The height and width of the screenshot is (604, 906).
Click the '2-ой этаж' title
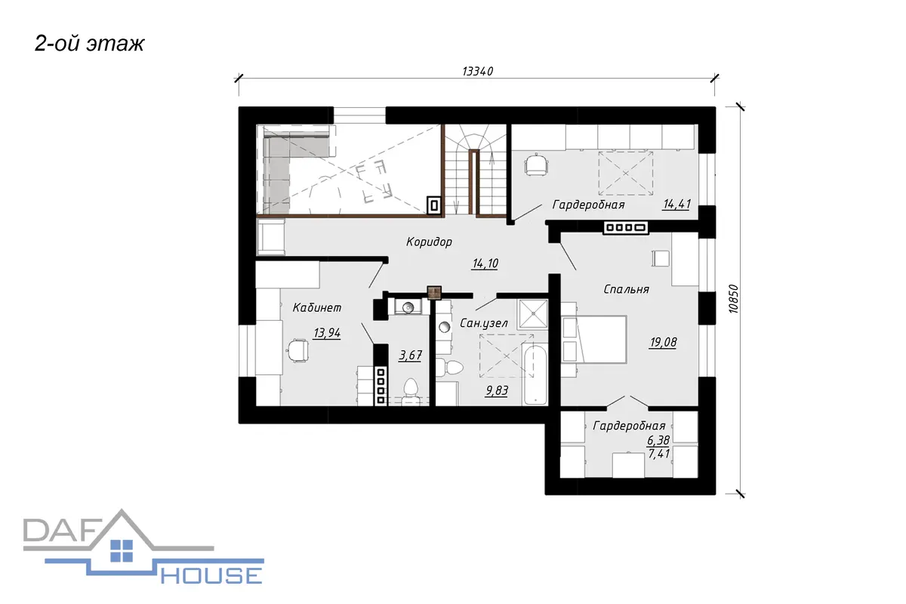click(x=89, y=44)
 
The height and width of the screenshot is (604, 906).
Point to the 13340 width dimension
click(x=478, y=71)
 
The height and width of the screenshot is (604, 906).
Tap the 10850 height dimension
click(x=733, y=299)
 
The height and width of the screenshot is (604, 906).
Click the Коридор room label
click(x=429, y=242)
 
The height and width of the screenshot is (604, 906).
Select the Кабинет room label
click(x=317, y=308)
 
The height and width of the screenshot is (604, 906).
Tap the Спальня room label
click(x=626, y=289)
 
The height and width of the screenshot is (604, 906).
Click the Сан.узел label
click(x=484, y=323)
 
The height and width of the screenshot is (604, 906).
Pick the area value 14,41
click(x=676, y=205)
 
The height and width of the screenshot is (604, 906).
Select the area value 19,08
click(x=663, y=343)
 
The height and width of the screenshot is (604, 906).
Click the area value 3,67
click(x=410, y=356)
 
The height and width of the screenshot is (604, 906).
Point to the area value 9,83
click(x=497, y=391)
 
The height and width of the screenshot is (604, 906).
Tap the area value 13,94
click(x=327, y=334)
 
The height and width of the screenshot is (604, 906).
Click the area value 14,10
click(x=485, y=263)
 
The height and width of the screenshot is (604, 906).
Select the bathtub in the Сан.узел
click(x=535, y=374)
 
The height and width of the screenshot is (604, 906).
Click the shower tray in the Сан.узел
click(x=533, y=314)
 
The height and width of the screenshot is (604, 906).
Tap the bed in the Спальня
click(x=597, y=340)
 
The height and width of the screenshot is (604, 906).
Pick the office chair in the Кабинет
click(x=297, y=350)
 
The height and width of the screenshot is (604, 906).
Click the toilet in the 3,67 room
click(x=411, y=391)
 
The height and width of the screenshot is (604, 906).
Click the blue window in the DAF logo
click(x=122, y=550)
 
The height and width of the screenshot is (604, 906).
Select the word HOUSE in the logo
click(x=211, y=575)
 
